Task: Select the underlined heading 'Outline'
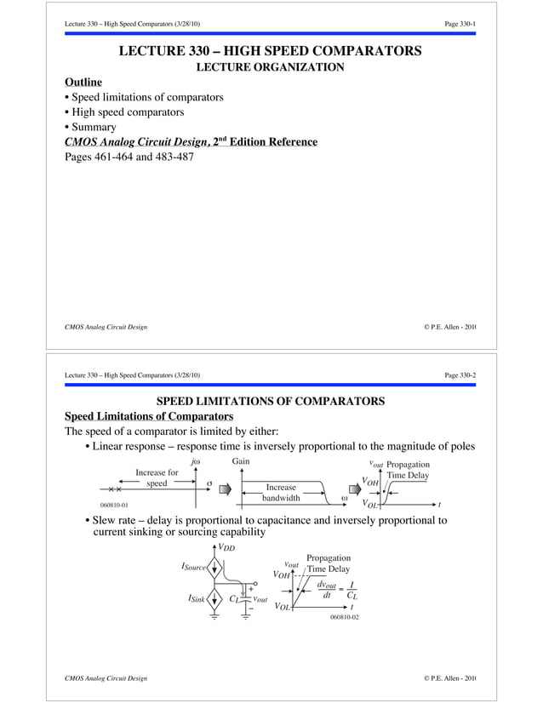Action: pos(83,82)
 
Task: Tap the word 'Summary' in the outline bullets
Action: pos(94,127)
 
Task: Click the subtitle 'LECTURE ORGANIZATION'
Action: pos(270,66)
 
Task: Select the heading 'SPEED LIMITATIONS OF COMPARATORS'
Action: pos(271,401)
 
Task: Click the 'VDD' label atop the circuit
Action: pos(226,547)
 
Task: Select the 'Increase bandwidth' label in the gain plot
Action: pos(280,493)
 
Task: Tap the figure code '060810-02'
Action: pos(344,616)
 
